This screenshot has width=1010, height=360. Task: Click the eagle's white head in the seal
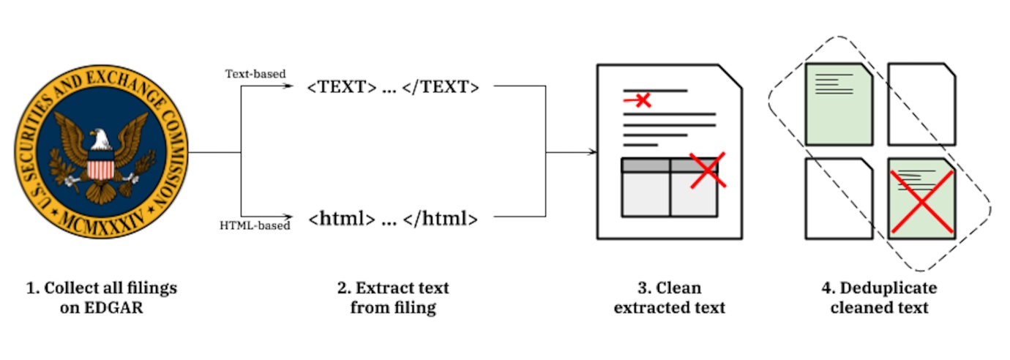point(100,140)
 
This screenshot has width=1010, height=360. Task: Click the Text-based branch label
point(255,74)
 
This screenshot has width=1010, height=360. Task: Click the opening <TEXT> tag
point(342,88)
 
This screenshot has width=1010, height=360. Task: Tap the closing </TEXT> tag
point(441,88)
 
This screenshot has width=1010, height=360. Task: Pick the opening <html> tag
point(343,218)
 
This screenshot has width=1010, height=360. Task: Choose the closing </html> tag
point(440,218)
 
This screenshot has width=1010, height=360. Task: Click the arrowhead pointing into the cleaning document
point(590,153)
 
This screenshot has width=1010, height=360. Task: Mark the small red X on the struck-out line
point(643,100)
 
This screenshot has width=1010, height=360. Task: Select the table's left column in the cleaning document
point(646,193)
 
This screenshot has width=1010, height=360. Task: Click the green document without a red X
point(839,104)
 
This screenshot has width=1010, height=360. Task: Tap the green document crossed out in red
point(921,198)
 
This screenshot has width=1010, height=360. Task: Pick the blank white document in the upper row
point(921,104)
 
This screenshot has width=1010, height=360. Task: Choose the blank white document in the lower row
point(839,198)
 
